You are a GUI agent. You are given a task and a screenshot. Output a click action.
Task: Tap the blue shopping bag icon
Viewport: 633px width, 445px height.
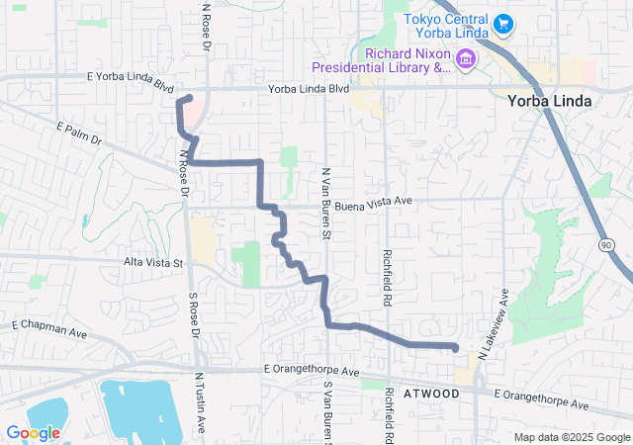pyautogui.click(x=502, y=22)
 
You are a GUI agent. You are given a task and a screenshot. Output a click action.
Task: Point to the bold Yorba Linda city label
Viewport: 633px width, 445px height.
pyautogui.click(x=549, y=101)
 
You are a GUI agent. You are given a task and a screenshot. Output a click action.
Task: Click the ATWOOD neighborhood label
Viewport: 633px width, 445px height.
pyautogui.click(x=431, y=394)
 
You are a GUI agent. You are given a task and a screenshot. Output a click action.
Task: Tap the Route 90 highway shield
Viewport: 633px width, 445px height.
pyautogui.click(x=605, y=242)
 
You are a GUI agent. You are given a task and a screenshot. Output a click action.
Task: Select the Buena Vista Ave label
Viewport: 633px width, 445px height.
pyautogui.click(x=373, y=203)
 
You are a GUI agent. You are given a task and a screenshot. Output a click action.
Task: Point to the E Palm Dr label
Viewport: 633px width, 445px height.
pyautogui.click(x=80, y=134)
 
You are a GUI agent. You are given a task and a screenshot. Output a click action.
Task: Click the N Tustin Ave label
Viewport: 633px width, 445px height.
pyautogui.click(x=200, y=401)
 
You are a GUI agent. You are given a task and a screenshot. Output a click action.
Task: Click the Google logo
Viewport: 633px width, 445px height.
pyautogui.click(x=33, y=433)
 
